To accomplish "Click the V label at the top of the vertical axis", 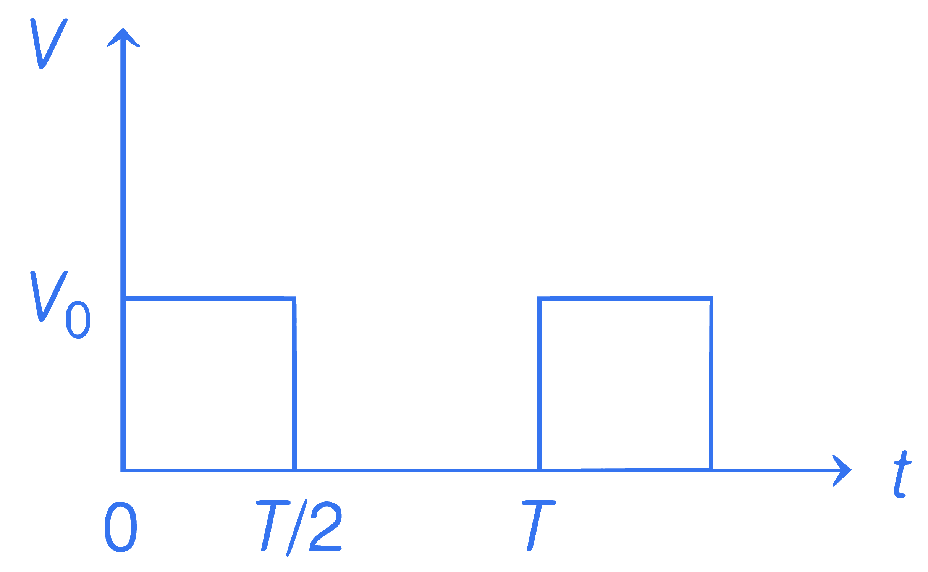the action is pyautogui.click(x=49, y=44).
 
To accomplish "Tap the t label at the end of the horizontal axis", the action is pyautogui.click(x=902, y=474).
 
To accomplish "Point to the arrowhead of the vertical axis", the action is pyautogui.click(x=123, y=37).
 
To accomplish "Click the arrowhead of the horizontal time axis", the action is pyautogui.click(x=842, y=470).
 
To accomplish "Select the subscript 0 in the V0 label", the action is pyautogui.click(x=78, y=320).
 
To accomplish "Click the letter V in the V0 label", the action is pyautogui.click(x=49, y=296).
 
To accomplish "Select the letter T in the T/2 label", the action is pyautogui.click(x=273, y=525).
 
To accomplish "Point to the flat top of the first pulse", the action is pyautogui.click(x=209, y=298).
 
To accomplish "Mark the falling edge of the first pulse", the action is pyautogui.click(x=294, y=384).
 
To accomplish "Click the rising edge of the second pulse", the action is pyautogui.click(x=540, y=384).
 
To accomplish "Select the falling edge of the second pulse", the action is pyautogui.click(x=711, y=383).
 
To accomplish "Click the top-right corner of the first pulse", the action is pyautogui.click(x=294, y=299).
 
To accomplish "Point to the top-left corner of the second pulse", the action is pyautogui.click(x=540, y=299).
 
